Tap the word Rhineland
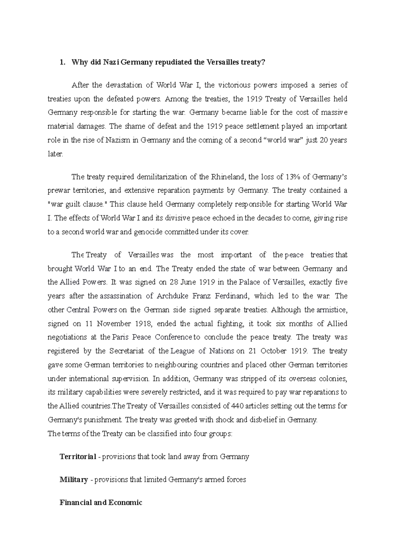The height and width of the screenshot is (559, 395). point(227,177)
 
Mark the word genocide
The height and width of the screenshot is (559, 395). point(148,232)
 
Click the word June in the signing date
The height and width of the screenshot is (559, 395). point(189,282)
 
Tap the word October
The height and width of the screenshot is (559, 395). point(274,351)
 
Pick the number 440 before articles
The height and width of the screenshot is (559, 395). point(237,406)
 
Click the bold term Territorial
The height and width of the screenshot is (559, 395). point(78,457)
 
